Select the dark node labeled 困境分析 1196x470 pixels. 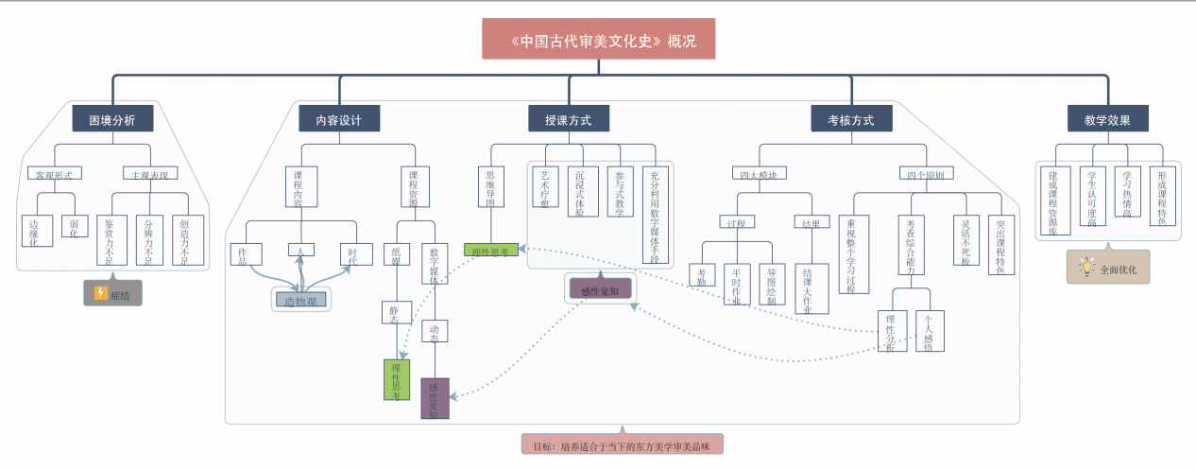pos(112,119)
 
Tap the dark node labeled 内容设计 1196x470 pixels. pos(339,119)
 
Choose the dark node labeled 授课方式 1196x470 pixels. pos(569,119)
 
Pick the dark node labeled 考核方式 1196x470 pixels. pos(851,119)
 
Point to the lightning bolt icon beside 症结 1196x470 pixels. pos(101,293)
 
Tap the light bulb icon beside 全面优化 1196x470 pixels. pos(1086,268)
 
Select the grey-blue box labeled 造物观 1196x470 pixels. pos(301,300)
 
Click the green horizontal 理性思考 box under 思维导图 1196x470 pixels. pos(491,251)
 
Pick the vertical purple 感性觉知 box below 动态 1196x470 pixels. pos(435,397)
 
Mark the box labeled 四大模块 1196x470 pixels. pos(760,174)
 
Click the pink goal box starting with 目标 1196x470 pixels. pos(622,444)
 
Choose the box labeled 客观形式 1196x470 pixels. pos(54,174)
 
